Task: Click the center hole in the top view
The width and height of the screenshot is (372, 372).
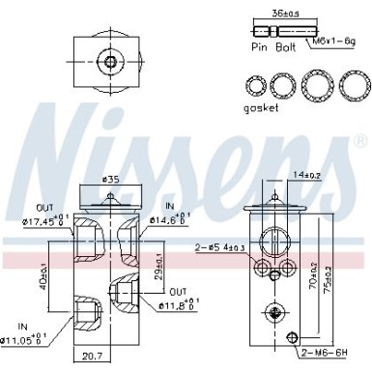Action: (x=111, y=62)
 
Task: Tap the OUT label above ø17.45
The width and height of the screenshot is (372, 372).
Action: (x=43, y=207)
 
